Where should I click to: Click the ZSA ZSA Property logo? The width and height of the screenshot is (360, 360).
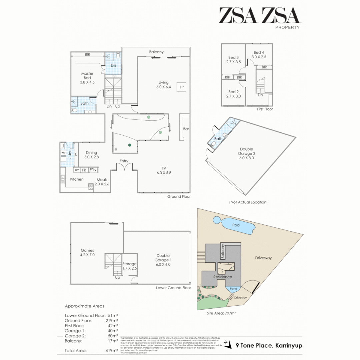point(259,18)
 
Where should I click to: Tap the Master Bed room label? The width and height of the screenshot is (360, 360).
point(87,75)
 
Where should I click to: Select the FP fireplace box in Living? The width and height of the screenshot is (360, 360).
point(182,87)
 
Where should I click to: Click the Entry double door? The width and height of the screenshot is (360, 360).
point(124,166)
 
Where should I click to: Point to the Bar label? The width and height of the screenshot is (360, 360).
point(186,128)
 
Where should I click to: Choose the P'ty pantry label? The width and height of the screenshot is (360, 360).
point(93,170)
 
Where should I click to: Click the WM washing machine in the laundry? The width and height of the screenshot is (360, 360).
point(63,153)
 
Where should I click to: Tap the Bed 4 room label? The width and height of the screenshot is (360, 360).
point(259,55)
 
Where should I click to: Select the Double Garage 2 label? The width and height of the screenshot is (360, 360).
point(246,154)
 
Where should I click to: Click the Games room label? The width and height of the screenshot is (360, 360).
point(87,253)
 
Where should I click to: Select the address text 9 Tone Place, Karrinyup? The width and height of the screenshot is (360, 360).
point(269,346)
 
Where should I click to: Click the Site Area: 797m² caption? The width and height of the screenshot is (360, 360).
point(221,313)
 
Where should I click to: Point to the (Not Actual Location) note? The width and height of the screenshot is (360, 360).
point(248,202)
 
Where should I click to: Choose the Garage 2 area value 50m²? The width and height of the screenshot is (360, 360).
point(113,336)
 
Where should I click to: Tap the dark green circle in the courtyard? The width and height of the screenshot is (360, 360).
point(129,144)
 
